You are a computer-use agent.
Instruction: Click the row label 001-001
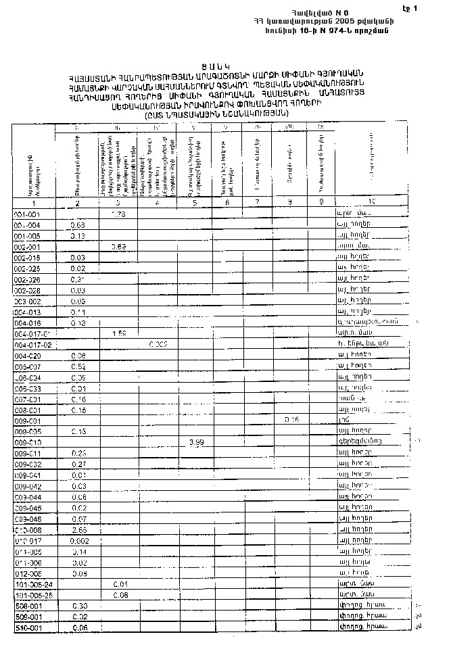[x=28, y=214]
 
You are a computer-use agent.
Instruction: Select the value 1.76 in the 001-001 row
[x=118, y=214]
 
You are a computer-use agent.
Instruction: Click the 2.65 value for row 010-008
[x=77, y=529]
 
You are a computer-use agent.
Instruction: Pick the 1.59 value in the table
[x=118, y=334]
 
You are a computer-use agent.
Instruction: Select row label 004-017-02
[x=33, y=345]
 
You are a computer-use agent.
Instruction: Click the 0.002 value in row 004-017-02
[x=158, y=345]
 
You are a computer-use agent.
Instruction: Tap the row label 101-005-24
[x=33, y=583]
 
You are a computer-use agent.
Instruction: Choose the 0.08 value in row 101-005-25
[x=120, y=594]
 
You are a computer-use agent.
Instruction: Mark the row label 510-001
[x=28, y=627]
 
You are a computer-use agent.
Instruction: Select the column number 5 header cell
[x=195, y=203]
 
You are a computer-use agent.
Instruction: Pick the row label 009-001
[x=28, y=420]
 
